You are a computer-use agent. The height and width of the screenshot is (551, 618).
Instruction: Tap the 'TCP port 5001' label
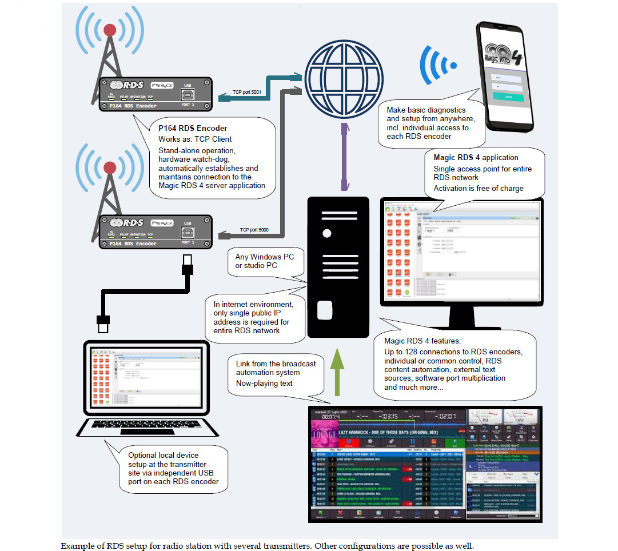(x=247, y=91)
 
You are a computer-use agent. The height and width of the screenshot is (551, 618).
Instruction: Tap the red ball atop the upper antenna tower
(x=110, y=30)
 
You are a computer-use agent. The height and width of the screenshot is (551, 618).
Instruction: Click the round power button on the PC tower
(x=326, y=233)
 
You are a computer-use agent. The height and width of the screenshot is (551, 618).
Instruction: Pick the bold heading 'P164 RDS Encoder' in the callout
(x=193, y=128)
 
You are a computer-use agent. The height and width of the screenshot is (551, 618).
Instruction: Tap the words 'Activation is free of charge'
(x=479, y=189)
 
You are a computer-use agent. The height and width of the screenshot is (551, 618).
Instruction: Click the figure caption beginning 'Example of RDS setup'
(x=268, y=545)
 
